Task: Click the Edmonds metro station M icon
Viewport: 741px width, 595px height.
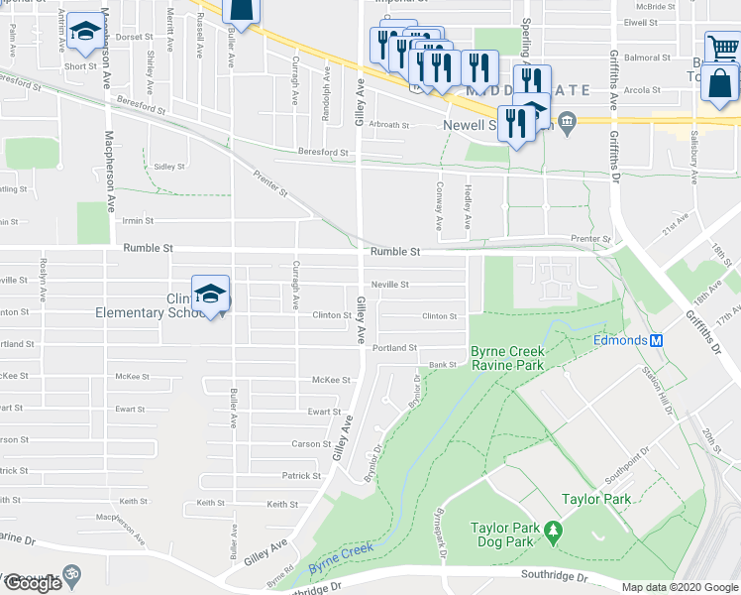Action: tap(655, 340)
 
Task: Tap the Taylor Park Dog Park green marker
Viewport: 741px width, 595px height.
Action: tap(553, 535)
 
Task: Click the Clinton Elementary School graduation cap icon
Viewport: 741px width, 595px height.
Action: tap(210, 294)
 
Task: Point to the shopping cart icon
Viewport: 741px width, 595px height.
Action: tap(723, 48)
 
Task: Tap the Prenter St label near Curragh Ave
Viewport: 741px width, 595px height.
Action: tap(269, 182)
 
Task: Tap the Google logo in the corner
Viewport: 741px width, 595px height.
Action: tap(32, 583)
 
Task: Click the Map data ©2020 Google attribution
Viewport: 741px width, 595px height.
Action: tap(680, 587)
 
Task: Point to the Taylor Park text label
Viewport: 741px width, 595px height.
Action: tap(596, 499)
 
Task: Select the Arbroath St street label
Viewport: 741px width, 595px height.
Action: tap(389, 125)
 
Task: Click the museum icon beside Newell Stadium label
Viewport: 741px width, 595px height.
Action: tap(567, 124)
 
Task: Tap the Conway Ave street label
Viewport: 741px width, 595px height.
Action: tap(439, 197)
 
